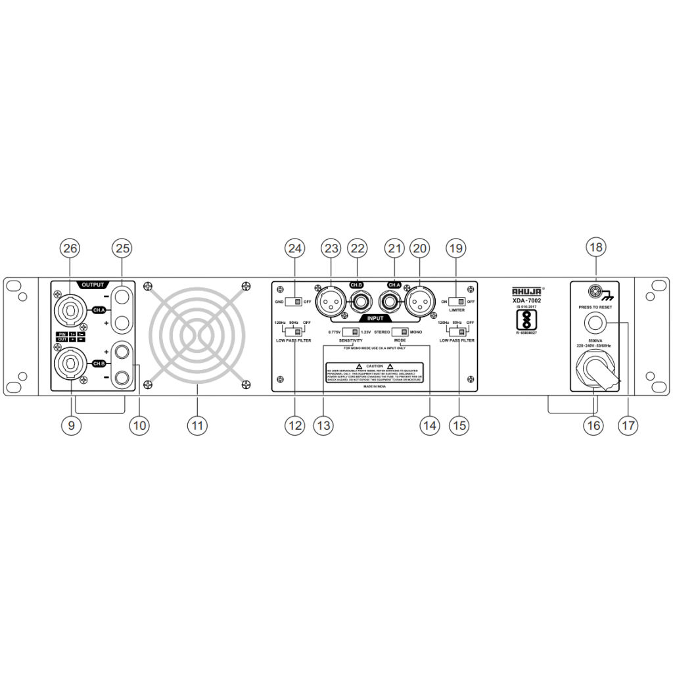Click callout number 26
tap(70, 248)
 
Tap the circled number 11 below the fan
tap(197, 425)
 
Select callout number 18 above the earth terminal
tap(596, 248)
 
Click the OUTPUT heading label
tap(92, 285)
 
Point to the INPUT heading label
tap(375, 317)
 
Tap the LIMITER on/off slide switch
tap(456, 302)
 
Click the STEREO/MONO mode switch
tap(400, 332)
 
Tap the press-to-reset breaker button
tap(596, 323)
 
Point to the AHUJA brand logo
tap(527, 291)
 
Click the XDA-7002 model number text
tap(527, 300)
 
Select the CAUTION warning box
tap(375, 373)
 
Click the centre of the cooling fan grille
tap(197, 333)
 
